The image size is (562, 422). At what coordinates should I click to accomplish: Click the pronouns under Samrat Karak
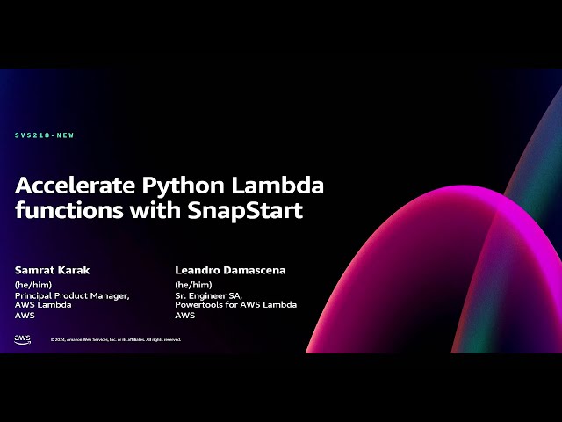tap(31, 285)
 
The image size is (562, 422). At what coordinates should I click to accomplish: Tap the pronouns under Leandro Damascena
tap(191, 285)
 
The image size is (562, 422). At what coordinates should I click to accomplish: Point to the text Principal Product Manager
tap(72, 295)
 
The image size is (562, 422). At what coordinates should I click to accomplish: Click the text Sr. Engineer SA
tap(208, 295)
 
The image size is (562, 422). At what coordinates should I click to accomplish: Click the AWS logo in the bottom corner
tap(23, 339)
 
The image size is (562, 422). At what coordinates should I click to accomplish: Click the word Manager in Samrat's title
tap(112, 295)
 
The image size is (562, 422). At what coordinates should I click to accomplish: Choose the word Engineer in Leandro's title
tap(210, 295)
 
